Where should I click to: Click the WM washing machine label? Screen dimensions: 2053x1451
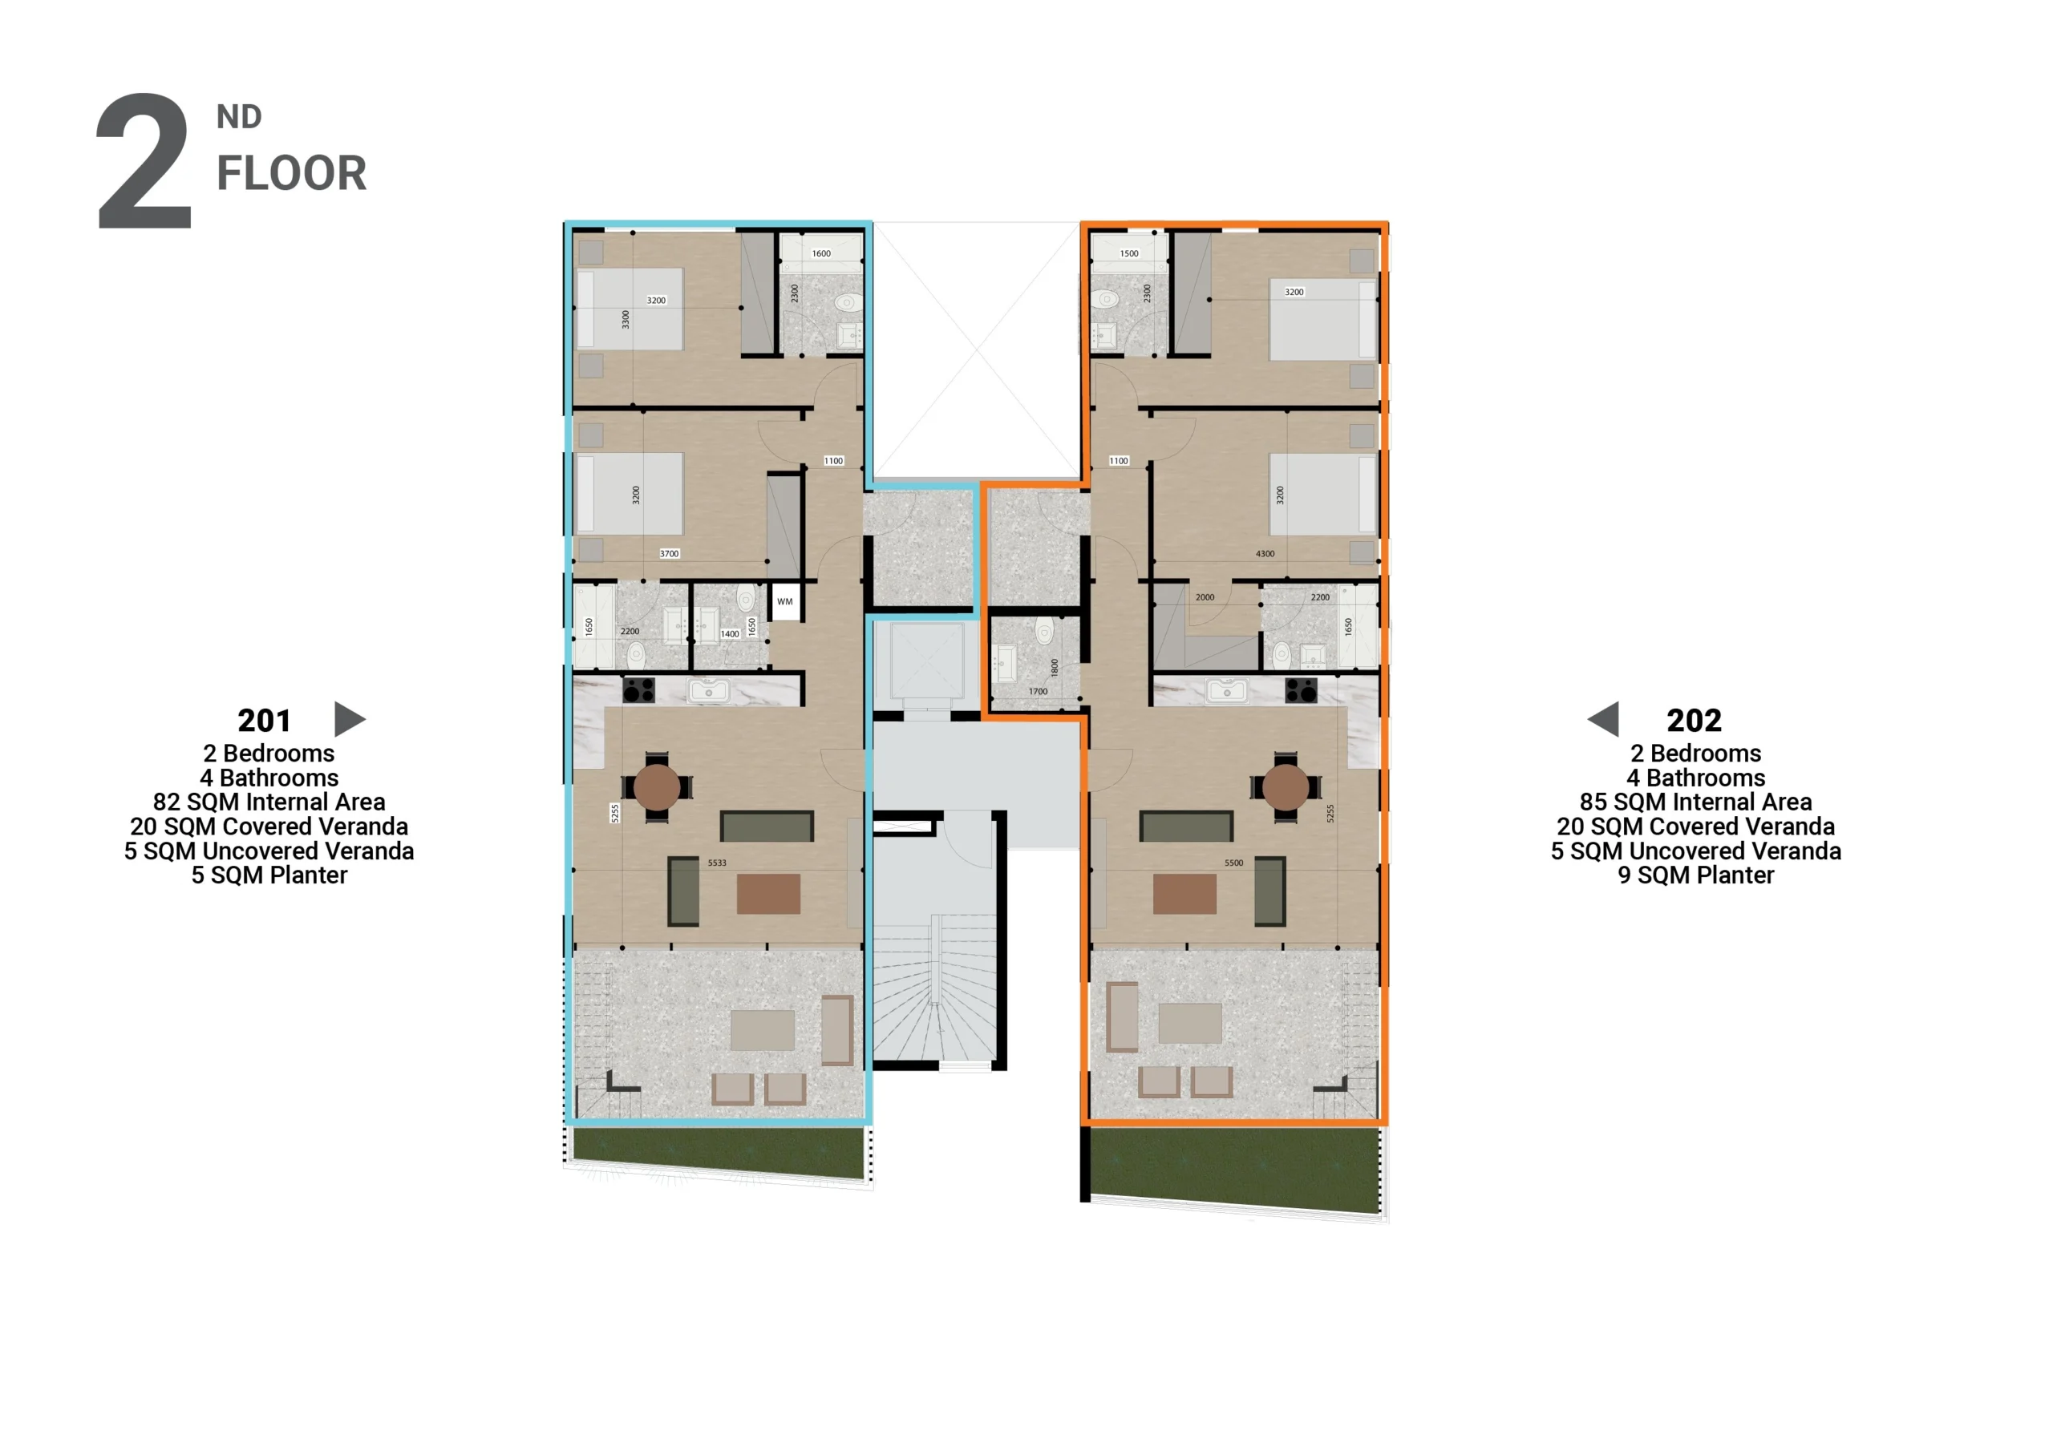(784, 602)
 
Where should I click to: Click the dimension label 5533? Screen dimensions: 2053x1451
(717, 863)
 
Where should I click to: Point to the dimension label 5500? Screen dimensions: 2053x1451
(1233, 863)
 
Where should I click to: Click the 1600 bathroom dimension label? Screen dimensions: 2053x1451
(821, 254)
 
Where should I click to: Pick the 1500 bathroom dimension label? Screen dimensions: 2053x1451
(1129, 254)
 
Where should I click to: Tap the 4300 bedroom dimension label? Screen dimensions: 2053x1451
(1265, 554)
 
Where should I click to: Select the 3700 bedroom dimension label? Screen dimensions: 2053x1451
(669, 554)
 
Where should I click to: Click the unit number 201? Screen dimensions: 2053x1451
(264, 721)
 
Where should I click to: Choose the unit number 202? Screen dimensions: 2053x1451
(1694, 721)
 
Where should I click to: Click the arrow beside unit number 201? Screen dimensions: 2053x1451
(350, 720)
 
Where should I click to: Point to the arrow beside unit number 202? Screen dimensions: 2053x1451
(1603, 720)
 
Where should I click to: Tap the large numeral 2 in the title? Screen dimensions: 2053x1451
(144, 161)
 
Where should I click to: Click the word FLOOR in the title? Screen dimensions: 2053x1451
(291, 173)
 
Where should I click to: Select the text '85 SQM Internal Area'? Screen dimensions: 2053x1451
(1695, 802)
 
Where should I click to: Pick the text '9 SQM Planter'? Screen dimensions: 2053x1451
(1695, 875)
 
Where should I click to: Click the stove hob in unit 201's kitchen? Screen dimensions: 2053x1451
(638, 690)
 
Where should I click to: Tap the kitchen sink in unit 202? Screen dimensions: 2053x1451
(1227, 690)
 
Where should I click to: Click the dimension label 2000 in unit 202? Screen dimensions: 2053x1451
(1205, 597)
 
